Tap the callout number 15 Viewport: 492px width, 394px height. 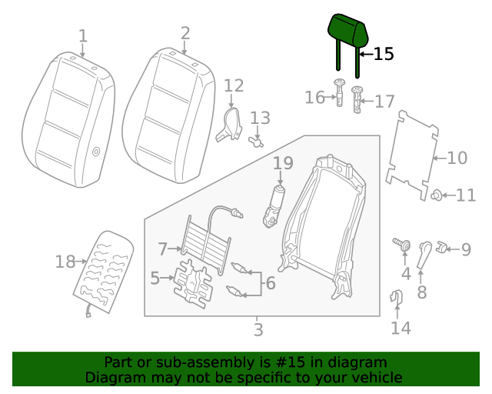(x=384, y=54)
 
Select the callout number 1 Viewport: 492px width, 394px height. (x=83, y=35)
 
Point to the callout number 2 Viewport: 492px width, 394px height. (x=185, y=32)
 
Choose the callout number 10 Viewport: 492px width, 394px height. (x=457, y=159)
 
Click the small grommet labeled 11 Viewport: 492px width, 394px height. (x=436, y=195)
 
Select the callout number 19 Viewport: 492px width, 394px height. (x=283, y=162)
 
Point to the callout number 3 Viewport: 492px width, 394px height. (x=258, y=330)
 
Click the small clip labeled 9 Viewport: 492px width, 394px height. (x=442, y=248)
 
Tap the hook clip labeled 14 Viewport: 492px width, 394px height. (x=397, y=296)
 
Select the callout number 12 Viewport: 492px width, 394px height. (x=234, y=85)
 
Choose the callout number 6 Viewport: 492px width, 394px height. (x=270, y=283)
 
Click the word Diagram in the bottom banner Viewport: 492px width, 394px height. (x=114, y=378)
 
